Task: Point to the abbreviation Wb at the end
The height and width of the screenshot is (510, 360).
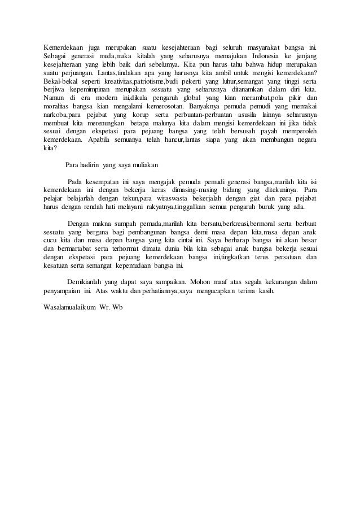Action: tap(117, 308)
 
